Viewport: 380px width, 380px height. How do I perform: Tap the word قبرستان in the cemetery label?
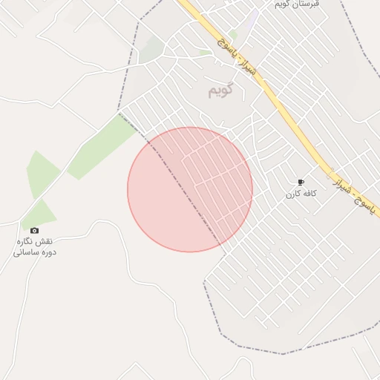305,4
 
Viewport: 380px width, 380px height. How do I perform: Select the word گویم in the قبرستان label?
283,4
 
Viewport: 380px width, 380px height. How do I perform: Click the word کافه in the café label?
309,194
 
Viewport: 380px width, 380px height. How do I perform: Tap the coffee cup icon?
301,183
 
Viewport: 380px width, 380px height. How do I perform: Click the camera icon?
34,231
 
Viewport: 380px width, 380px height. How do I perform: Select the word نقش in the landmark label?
45,241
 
